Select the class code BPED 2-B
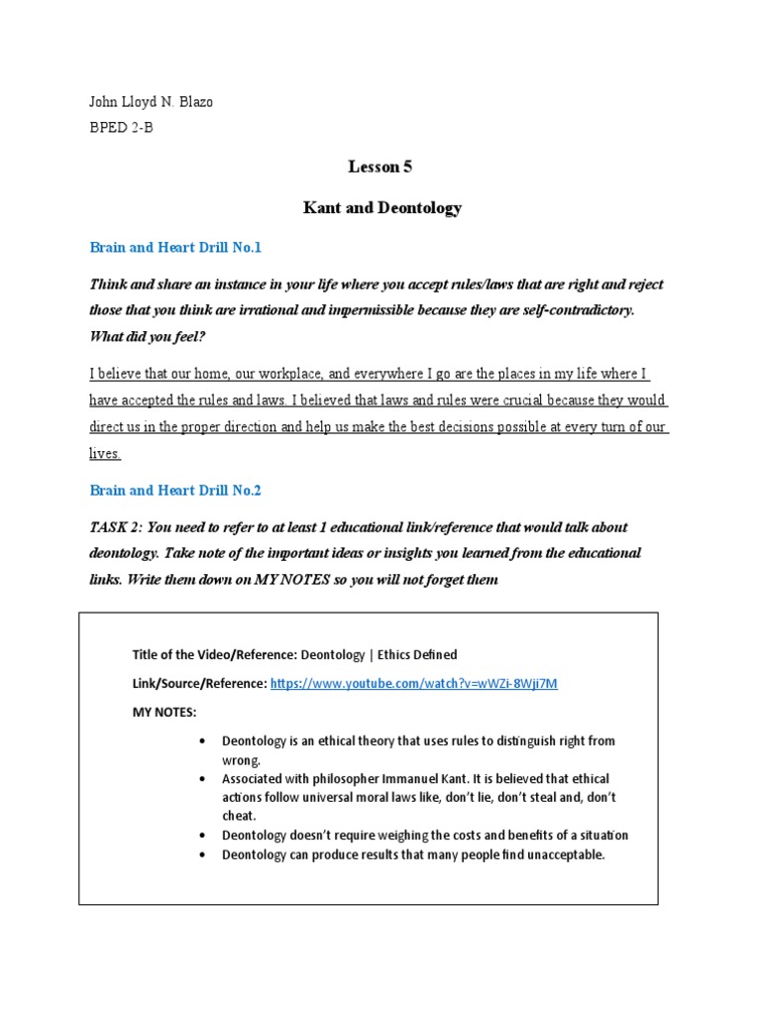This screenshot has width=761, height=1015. (x=121, y=128)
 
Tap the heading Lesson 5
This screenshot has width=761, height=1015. (x=381, y=167)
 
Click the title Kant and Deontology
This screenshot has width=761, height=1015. (x=381, y=208)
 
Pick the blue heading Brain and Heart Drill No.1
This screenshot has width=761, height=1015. (x=175, y=247)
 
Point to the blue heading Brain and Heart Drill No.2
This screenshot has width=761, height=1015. (x=175, y=490)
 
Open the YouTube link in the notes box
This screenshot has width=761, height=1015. (x=413, y=684)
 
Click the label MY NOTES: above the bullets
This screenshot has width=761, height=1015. (x=164, y=712)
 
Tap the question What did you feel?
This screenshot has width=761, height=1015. (x=147, y=336)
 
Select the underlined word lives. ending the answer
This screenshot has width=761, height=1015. (x=105, y=453)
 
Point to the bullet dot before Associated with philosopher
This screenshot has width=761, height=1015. (x=202, y=779)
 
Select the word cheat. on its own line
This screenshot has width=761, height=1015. (x=240, y=816)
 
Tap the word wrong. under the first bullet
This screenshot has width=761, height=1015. (x=242, y=759)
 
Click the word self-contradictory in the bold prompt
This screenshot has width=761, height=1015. (x=567, y=310)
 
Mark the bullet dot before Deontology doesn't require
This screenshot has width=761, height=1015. (x=202, y=836)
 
